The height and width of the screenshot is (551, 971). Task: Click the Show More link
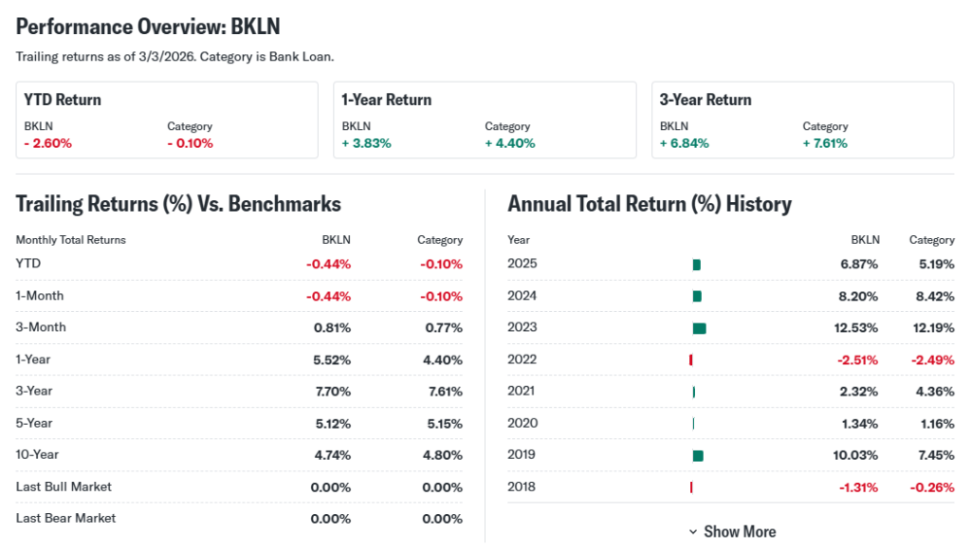(732, 532)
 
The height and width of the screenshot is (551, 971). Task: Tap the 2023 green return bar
(700, 328)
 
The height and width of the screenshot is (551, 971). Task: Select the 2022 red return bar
(691, 359)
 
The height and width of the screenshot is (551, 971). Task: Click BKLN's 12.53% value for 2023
(855, 328)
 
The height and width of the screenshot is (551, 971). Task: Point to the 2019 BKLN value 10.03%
(855, 455)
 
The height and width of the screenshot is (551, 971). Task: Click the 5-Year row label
(34, 423)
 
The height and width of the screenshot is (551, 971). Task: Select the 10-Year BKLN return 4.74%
(332, 455)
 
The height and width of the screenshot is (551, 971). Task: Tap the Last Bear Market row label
(65, 519)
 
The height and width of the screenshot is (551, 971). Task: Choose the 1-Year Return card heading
(386, 100)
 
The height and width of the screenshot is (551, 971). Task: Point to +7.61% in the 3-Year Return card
(825, 143)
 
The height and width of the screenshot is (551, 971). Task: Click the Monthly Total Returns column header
(70, 240)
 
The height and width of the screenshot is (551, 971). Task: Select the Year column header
(519, 240)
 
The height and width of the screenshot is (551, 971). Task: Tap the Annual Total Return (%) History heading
(650, 204)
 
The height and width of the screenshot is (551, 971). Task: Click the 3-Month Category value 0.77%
(443, 328)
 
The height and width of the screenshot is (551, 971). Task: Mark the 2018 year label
(522, 487)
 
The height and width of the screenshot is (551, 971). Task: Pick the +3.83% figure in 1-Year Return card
(366, 143)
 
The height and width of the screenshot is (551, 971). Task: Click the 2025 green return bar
(697, 265)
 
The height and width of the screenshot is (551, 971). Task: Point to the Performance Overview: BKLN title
(148, 26)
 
